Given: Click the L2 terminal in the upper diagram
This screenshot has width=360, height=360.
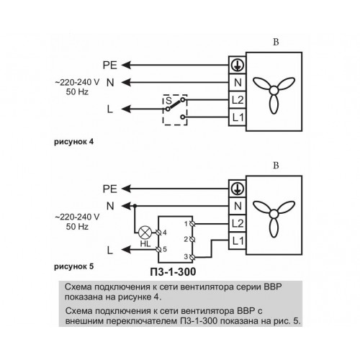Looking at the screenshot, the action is click(237, 100).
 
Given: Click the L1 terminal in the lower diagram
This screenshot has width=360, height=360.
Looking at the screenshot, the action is click(237, 241).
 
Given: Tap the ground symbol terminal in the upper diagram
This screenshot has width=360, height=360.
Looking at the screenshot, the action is click(237, 65).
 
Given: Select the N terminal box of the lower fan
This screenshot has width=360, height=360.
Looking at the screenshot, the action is click(237, 206).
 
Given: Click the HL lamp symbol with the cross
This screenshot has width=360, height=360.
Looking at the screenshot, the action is click(145, 233).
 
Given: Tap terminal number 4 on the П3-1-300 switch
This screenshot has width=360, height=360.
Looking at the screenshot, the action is click(158, 233).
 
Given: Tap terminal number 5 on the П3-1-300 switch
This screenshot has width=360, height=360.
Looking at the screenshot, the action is click(158, 249).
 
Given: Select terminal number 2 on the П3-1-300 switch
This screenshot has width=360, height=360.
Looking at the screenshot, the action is click(192, 239).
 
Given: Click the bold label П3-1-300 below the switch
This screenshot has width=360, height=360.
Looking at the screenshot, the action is click(173, 271).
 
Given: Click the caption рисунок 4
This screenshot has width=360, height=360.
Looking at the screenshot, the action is click(73, 142).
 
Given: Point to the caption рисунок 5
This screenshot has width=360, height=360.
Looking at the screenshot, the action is click(73, 266).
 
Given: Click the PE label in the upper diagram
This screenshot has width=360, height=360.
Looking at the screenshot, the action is click(110, 66).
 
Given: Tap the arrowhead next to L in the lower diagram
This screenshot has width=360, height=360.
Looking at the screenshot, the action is click(126, 250).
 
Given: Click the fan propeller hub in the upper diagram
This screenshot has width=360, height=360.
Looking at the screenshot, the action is click(274, 91).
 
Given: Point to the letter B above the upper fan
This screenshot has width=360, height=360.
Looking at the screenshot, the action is click(276, 42).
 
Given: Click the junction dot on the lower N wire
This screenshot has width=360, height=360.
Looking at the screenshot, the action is click(135, 206).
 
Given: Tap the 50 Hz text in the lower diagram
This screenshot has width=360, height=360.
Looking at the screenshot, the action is click(77, 227).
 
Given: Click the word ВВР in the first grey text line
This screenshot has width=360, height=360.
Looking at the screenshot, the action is click(272, 287).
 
